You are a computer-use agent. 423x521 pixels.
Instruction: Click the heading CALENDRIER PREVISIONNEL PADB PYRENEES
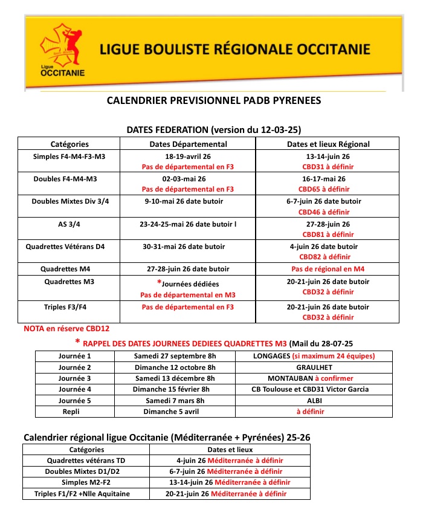click(214, 100)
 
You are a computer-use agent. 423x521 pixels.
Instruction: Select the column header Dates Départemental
click(188, 144)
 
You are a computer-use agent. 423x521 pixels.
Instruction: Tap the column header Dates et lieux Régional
click(328, 144)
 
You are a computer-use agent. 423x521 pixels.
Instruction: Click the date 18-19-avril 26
click(188, 156)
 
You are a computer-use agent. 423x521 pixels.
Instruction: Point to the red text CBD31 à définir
click(328, 167)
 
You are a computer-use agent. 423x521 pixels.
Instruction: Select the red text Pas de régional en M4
click(328, 269)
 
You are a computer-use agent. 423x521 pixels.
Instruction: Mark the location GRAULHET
click(314, 367)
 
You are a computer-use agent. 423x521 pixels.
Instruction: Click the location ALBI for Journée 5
click(314, 400)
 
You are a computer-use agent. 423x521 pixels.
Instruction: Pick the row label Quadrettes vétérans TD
click(87, 461)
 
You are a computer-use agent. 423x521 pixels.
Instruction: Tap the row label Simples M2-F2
click(87, 482)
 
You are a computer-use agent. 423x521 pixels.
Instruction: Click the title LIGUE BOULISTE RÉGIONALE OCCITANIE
click(233, 48)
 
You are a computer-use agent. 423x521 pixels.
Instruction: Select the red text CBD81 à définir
click(328, 235)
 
